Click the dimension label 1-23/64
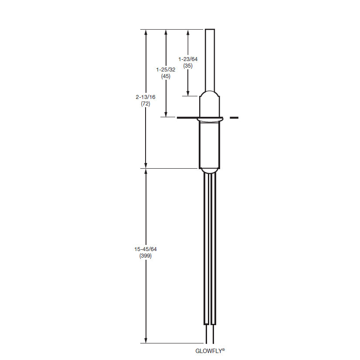(188, 59)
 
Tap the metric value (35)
(188, 66)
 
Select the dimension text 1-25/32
(166, 70)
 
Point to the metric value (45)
(166, 76)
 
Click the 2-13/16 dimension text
(146, 97)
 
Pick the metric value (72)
(146, 104)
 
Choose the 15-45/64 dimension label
(146, 249)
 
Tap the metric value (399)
(146, 256)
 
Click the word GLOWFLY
(209, 351)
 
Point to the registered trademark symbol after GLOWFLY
(224, 350)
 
